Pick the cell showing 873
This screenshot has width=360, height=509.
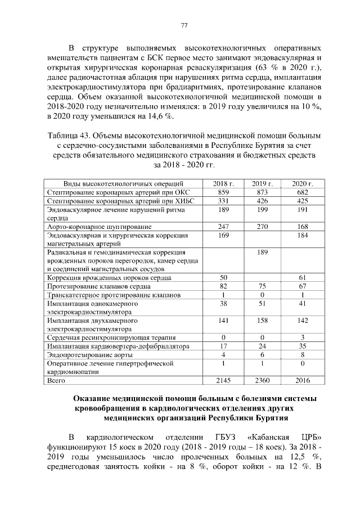[262, 192]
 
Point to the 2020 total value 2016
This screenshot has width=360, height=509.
[302, 381]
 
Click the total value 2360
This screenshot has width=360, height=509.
[262, 381]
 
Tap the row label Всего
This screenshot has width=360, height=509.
[57, 381]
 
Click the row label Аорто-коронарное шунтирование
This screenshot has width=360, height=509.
[93, 227]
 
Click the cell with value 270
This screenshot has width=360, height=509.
[262, 227]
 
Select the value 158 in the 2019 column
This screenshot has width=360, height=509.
[262, 321]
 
